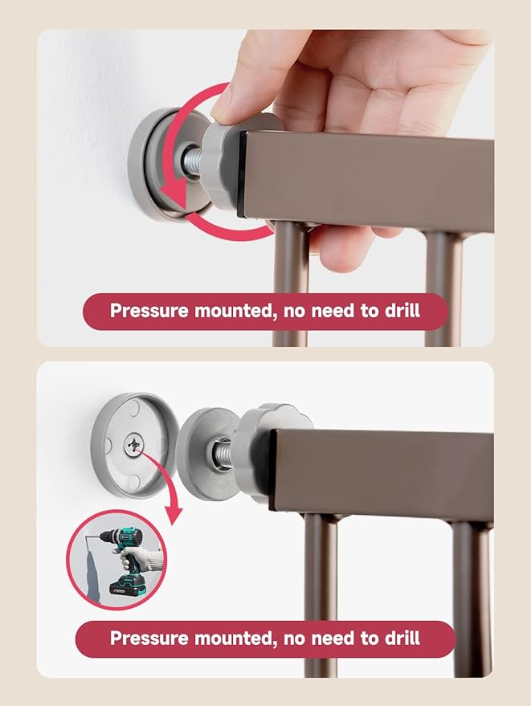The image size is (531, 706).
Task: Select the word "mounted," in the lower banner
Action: click(x=228, y=639)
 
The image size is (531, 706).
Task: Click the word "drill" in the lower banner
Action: click(x=400, y=639)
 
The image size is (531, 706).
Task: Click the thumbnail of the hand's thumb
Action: click(x=227, y=104)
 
